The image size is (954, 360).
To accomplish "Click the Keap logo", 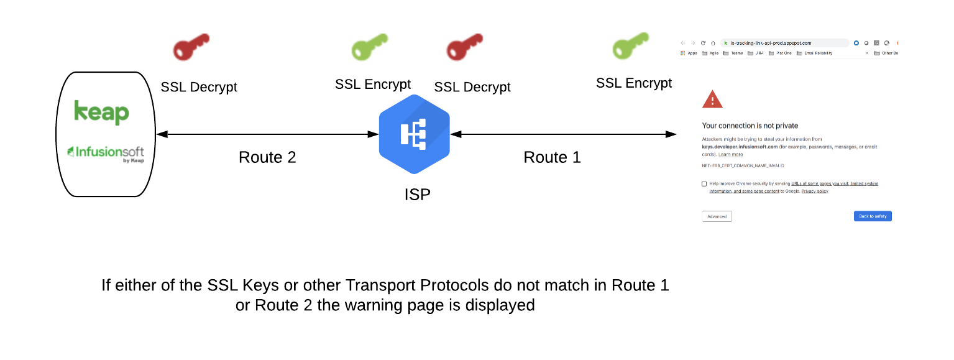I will [102, 112].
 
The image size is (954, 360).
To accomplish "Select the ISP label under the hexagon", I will [417, 195].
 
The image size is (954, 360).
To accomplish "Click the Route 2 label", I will [267, 157].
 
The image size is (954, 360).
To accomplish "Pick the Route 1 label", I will [552, 157].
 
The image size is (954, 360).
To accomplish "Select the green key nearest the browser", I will [630, 45].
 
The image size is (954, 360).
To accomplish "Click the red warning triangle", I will [712, 99].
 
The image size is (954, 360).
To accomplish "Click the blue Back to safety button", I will [873, 216].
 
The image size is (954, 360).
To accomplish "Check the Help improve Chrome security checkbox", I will [704, 184].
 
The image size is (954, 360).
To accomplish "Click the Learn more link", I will [730, 154].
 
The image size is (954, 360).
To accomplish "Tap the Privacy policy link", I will [814, 192].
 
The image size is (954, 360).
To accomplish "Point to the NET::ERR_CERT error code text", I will [743, 166].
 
